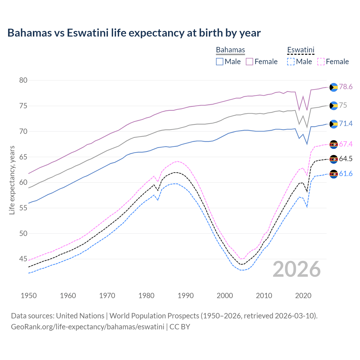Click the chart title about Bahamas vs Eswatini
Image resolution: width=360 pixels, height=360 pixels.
(x=134, y=33)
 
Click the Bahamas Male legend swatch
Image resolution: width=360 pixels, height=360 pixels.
(x=220, y=62)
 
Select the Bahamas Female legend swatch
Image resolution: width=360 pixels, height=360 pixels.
(x=249, y=62)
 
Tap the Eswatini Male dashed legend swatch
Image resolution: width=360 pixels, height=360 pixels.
(x=291, y=62)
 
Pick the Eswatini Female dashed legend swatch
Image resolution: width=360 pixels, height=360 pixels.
(x=321, y=62)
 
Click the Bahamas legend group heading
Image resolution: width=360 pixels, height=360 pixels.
(x=230, y=50)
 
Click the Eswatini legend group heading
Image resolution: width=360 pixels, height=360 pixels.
(x=301, y=50)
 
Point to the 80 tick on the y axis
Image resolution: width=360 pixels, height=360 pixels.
(x=23, y=80)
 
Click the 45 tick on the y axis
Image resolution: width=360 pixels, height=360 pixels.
(x=23, y=259)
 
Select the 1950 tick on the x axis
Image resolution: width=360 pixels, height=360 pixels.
(x=29, y=296)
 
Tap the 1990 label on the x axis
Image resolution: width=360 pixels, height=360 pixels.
(x=186, y=296)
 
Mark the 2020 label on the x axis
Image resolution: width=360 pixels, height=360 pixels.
(x=303, y=296)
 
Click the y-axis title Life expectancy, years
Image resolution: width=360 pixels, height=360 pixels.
(x=12, y=180)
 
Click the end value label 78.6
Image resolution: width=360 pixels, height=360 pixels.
(x=346, y=87)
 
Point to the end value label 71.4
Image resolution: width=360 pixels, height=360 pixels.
(x=346, y=124)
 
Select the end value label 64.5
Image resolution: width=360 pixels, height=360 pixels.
(x=346, y=159)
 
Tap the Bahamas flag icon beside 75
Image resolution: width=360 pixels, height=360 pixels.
(x=334, y=106)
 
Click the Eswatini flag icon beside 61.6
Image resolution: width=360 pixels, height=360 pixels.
(x=334, y=174)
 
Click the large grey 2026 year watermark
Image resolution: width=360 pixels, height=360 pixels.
(x=297, y=269)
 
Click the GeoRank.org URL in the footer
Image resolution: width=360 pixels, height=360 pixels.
(x=87, y=327)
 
